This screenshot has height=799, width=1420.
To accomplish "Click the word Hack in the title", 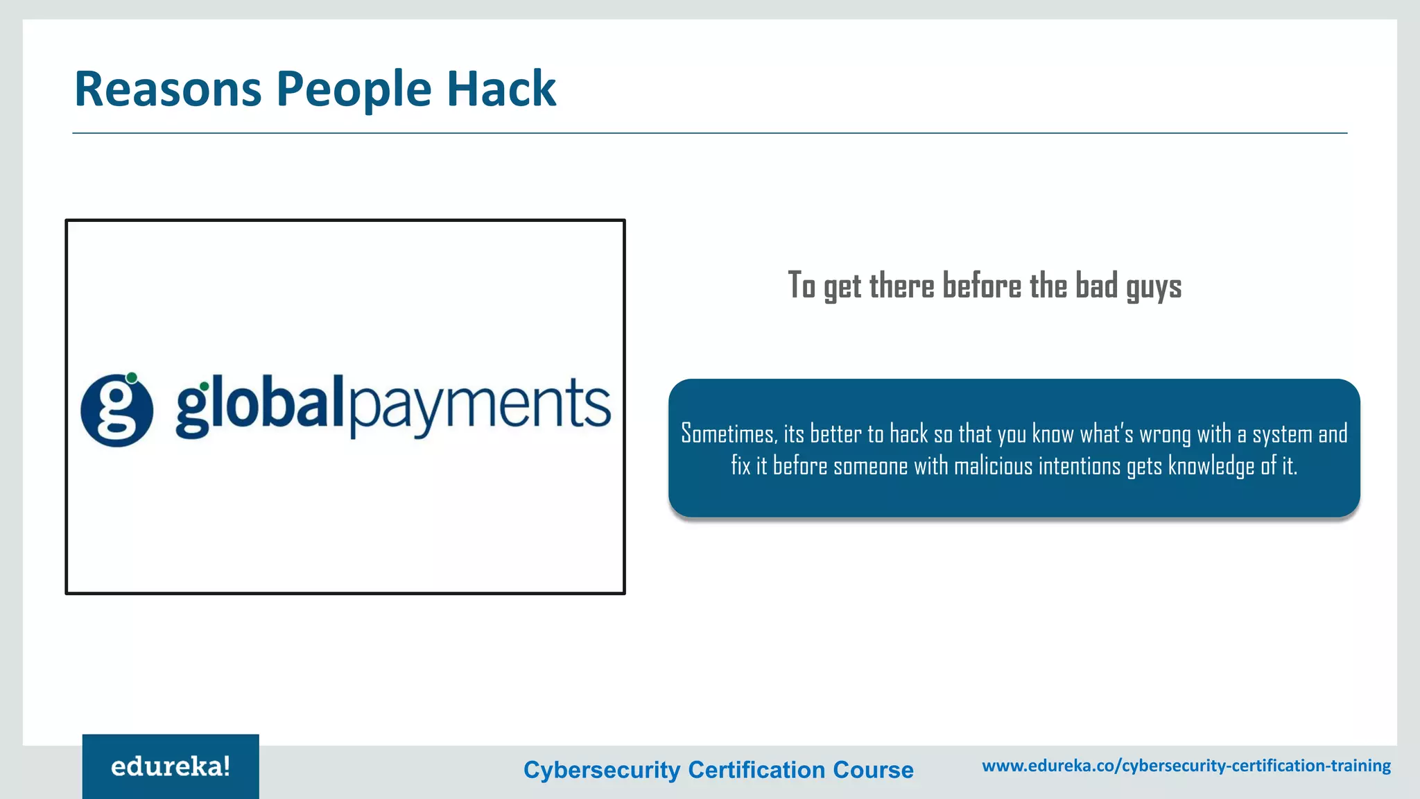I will click(x=501, y=89).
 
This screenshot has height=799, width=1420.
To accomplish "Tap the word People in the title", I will click(x=354, y=90).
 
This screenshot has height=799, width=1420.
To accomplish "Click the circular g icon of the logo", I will click(x=116, y=411).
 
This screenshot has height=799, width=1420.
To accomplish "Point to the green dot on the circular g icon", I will click(x=132, y=378).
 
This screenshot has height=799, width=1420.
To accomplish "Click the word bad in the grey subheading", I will click(x=1097, y=286).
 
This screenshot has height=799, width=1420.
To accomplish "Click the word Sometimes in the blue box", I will click(x=728, y=434).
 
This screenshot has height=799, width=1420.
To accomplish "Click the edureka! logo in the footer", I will click(x=171, y=767).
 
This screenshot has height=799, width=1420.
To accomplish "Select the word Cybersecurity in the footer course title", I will click(x=602, y=770).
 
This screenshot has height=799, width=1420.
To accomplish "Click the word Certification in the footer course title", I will click(x=756, y=770).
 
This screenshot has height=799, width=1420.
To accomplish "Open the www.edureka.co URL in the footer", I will click(x=1186, y=766).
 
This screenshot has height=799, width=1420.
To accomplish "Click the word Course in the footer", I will click(x=873, y=770).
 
